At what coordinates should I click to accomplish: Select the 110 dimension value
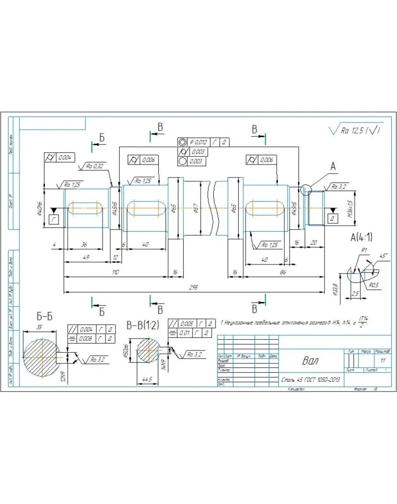[115, 272]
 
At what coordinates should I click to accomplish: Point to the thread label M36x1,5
[349, 209]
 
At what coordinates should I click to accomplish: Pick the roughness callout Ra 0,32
[95, 166]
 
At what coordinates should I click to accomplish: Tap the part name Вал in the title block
[310, 361]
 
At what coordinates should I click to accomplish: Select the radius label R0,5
[373, 285]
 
